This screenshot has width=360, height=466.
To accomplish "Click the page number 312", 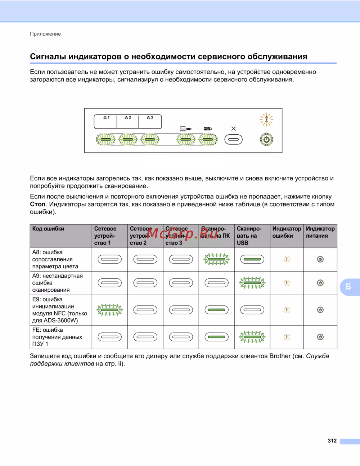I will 332,441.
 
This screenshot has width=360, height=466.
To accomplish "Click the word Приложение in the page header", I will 45,34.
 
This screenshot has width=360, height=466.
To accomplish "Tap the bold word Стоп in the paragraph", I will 37,204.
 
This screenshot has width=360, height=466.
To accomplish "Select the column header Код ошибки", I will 48,229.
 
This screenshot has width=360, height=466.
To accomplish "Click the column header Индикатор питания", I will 320,232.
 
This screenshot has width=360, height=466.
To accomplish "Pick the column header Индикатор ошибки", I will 287,232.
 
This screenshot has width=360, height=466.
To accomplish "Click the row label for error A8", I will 55,259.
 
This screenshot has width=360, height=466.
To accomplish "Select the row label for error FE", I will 57,337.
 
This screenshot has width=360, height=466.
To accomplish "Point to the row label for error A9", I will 57,283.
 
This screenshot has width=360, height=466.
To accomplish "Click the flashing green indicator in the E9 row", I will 110,310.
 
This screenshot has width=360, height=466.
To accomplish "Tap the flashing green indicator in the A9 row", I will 252,283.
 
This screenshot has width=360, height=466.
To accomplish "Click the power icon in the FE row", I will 320,337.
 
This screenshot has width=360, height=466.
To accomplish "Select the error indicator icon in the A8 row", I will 287,259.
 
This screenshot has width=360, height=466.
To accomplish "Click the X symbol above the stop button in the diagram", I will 234,129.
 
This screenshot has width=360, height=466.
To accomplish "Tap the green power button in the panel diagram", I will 266,139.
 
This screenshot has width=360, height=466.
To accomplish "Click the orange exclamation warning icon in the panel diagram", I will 266,120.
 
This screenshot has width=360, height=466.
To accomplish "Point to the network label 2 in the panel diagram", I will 128,117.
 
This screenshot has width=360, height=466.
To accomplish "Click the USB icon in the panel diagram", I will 208,129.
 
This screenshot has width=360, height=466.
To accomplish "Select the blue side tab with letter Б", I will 349,287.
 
